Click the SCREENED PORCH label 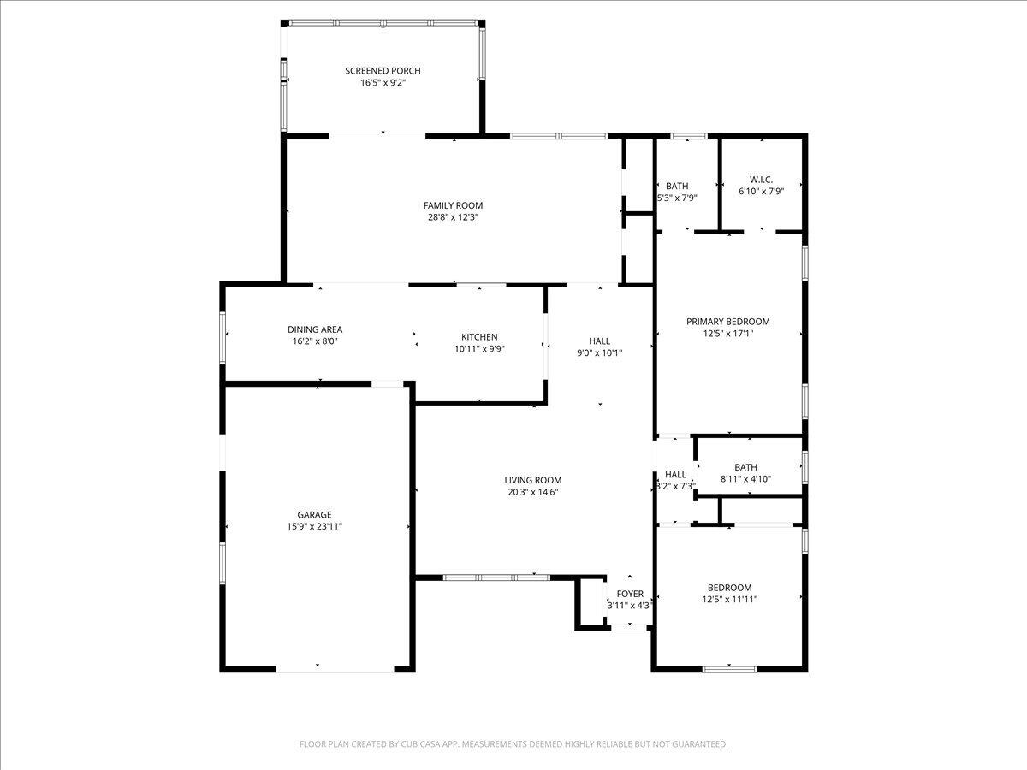click(x=383, y=71)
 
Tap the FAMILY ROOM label click(x=453, y=205)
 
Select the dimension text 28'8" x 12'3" click(x=453, y=217)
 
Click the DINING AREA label click(x=315, y=329)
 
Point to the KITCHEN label click(x=479, y=337)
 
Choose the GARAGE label click(x=314, y=515)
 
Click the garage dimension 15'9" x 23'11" click(x=314, y=527)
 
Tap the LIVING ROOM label click(x=533, y=480)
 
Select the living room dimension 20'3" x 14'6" click(x=533, y=492)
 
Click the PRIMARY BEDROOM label click(x=728, y=322)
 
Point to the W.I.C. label click(x=761, y=180)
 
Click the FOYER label click(x=630, y=594)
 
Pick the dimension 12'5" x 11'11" click(x=729, y=600)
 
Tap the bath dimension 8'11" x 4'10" click(x=745, y=479)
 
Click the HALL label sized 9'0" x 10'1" click(x=599, y=341)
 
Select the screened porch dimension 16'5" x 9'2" click(x=383, y=83)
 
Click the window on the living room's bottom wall click(x=496, y=577)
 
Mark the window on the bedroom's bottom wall click(x=729, y=668)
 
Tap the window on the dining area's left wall click(x=223, y=335)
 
